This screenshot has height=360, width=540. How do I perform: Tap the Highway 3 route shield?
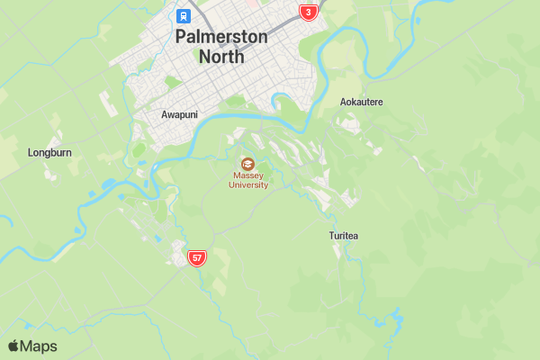[309, 12]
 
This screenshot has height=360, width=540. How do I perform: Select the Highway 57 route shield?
[197, 258]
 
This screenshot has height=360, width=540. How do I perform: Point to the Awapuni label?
[178, 115]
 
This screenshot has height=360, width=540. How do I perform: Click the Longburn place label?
[49, 153]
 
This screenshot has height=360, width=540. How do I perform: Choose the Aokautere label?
[361, 102]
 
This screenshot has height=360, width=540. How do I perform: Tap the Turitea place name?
[344, 236]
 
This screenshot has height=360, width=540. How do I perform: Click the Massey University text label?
[247, 180]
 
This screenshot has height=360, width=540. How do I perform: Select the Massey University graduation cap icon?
[247, 164]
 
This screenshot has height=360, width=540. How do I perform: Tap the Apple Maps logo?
[32, 346]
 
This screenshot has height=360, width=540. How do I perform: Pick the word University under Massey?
[247, 185]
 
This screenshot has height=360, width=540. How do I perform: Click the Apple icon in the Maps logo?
[13, 346]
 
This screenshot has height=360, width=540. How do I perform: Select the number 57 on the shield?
[197, 258]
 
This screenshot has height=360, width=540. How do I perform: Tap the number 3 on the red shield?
[309, 12]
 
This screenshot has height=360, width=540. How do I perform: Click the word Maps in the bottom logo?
[39, 346]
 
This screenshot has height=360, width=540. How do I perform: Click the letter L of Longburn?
[31, 153]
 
